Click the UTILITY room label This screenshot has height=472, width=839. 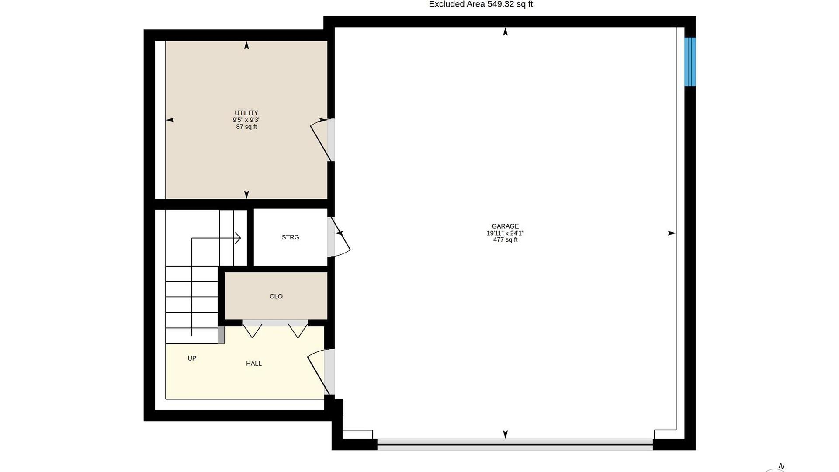(x=246, y=113)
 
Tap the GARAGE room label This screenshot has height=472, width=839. (x=505, y=226)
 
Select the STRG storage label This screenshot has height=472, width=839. (x=290, y=237)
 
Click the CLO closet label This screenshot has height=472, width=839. (x=276, y=296)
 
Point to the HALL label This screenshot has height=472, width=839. (x=254, y=364)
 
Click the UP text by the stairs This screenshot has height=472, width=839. (x=192, y=358)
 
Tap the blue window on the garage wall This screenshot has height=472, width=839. (x=690, y=62)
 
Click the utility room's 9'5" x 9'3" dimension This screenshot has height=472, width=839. (x=246, y=120)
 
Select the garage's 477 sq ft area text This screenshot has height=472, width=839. (x=505, y=240)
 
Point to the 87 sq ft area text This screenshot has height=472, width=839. (x=246, y=127)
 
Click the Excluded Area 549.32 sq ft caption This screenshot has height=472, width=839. (x=481, y=4)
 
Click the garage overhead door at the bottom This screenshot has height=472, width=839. (x=515, y=444)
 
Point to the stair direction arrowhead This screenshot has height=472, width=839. (x=239, y=238)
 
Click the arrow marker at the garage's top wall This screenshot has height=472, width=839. (x=506, y=31)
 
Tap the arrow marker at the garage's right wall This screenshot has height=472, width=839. (x=672, y=233)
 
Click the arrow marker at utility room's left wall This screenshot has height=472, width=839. (x=170, y=120)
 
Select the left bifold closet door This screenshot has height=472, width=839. (x=252, y=330)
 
